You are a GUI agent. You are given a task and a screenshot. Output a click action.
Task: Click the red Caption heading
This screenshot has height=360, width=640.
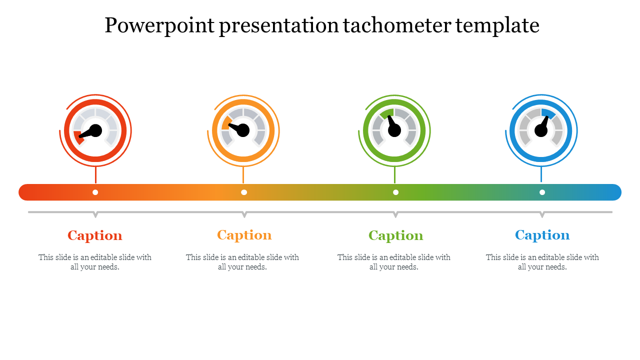click(95, 235)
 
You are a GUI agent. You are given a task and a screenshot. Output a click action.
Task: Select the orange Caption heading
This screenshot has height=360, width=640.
click(244, 235)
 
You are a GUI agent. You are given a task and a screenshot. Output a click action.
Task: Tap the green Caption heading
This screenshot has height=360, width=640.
click(395, 235)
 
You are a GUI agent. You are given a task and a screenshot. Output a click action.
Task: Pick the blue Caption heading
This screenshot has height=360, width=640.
click(542, 235)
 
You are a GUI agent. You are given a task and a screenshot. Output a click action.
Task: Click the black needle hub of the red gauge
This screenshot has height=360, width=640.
click(95, 130)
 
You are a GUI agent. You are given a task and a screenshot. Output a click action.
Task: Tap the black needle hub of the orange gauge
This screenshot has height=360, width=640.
click(243, 130)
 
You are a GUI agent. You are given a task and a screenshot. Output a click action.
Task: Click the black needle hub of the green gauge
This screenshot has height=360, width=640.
click(394, 130)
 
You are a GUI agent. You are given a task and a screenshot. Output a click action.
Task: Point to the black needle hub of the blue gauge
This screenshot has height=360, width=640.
click(541, 130)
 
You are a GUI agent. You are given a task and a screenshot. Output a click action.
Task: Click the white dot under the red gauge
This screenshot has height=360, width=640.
click(95, 192)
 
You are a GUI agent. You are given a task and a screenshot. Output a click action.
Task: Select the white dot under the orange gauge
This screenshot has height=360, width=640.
click(244, 192)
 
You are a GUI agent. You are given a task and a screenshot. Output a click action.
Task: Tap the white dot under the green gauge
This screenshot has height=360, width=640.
click(395, 192)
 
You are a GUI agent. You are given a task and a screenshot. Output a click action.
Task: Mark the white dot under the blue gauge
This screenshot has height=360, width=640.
click(542, 192)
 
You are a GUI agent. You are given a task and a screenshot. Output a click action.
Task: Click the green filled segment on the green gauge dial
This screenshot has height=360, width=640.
click(387, 113)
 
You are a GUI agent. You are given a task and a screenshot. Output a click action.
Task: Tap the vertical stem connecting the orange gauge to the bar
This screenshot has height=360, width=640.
click(243, 175)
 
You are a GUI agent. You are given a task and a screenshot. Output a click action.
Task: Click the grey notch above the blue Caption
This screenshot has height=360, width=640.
click(542, 214)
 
